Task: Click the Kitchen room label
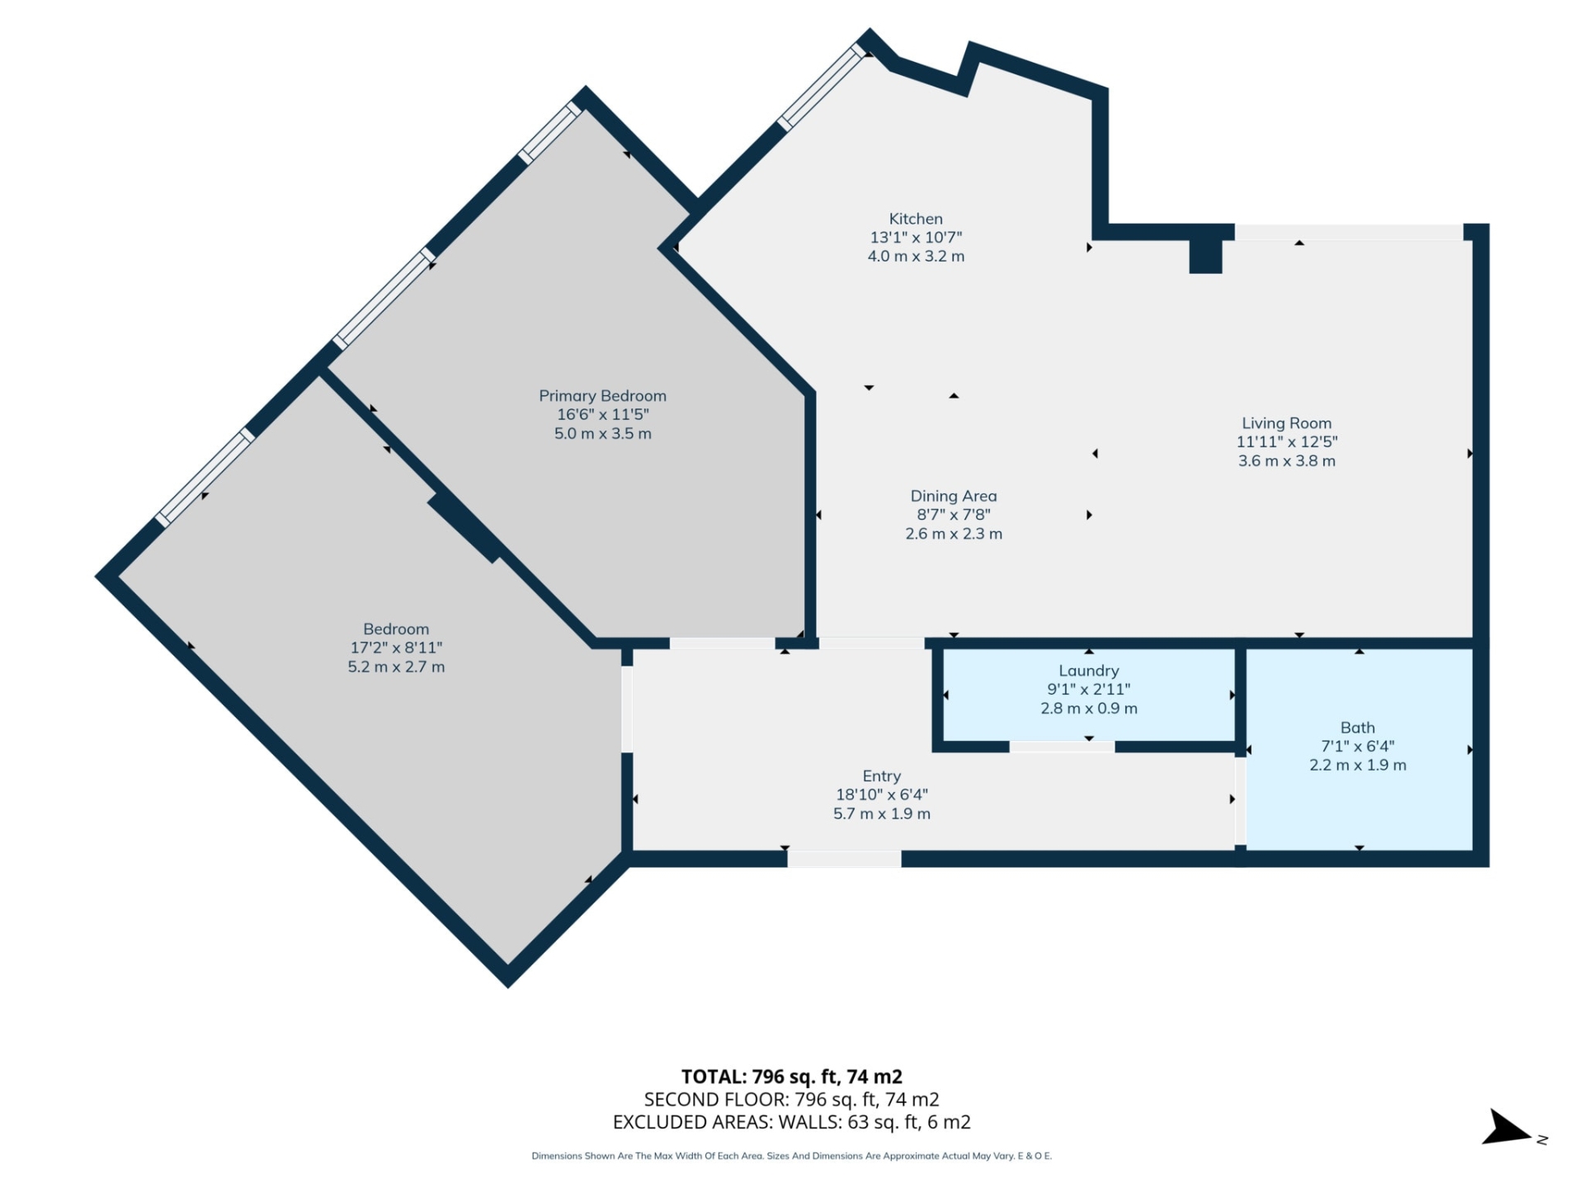coord(915,219)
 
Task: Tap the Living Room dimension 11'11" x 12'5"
coord(1286,442)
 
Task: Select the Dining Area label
coord(953,496)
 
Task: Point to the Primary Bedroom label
coord(602,396)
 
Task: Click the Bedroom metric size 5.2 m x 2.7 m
coord(396,667)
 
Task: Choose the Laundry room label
coord(1088,671)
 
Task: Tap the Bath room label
coord(1357,728)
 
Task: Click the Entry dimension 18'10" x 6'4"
coord(881,794)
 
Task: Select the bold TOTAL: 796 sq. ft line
coord(791,1077)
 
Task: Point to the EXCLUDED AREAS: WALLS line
coord(791,1122)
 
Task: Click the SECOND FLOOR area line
coord(791,1099)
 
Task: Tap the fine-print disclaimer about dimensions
coord(791,1156)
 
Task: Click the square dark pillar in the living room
coord(1204,256)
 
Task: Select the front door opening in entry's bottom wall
coord(843,859)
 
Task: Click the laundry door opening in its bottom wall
coord(1062,747)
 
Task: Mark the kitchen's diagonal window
coord(822,87)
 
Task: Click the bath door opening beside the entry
coord(1240,800)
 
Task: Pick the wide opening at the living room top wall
coord(1348,232)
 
